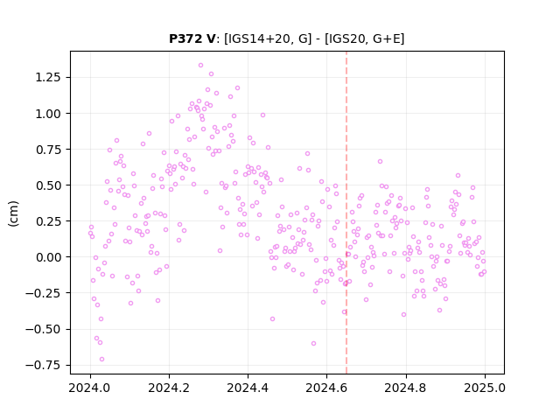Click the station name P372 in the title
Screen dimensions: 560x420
[x=186, y=38]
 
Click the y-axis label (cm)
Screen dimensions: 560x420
[x=13, y=213]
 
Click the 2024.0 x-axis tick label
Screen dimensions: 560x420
[x=90, y=388]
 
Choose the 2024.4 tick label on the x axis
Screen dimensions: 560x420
[x=248, y=388]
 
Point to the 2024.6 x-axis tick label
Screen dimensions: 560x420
[x=326, y=388]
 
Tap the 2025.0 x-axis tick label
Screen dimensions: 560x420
[x=485, y=388]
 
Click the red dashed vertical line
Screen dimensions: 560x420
[x=346, y=213]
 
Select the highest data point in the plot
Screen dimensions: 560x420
[x=200, y=66]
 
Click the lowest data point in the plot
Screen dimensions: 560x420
[x=101, y=360]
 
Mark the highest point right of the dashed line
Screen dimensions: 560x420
[x=380, y=161]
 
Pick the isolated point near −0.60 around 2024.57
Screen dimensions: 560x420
[x=313, y=344]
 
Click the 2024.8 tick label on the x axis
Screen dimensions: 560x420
[x=405, y=388]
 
